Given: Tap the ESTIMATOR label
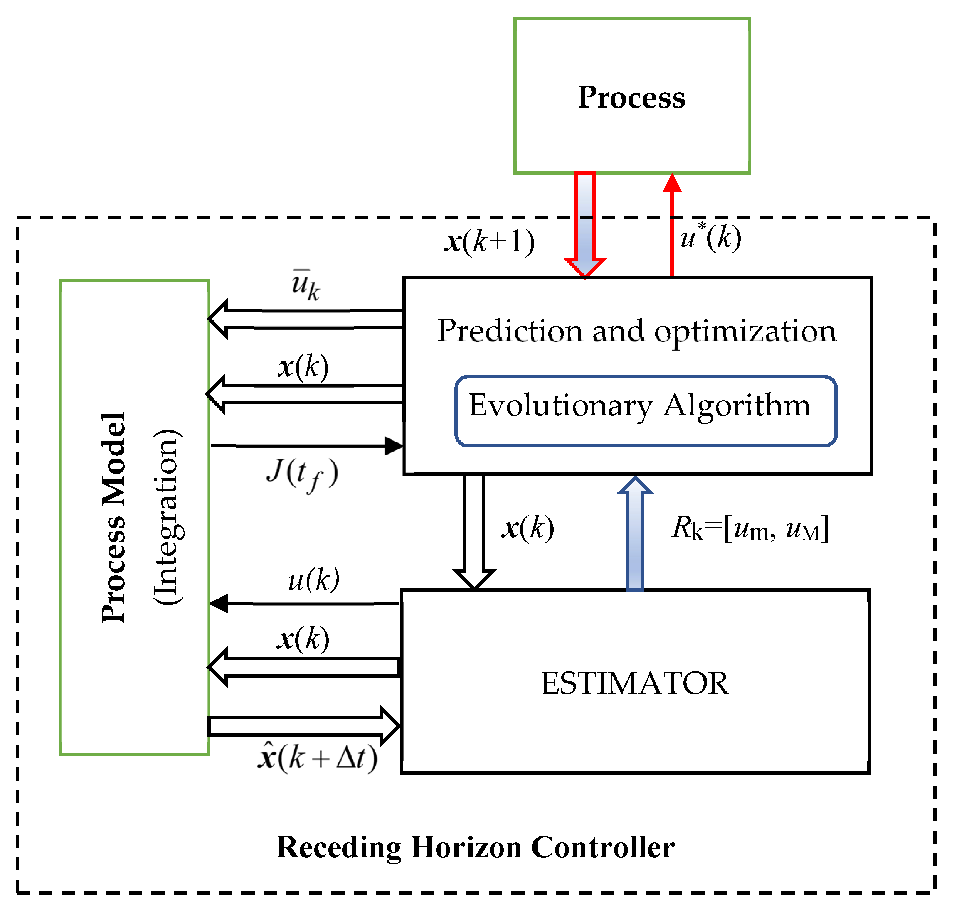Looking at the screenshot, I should click(x=634, y=683).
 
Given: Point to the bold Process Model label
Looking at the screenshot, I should click(x=113, y=518).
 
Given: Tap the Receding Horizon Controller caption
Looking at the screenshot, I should click(x=475, y=847).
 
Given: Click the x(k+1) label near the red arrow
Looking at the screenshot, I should click(x=490, y=241).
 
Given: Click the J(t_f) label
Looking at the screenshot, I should click(x=302, y=474).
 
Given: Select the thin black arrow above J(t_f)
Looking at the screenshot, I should click(x=307, y=446).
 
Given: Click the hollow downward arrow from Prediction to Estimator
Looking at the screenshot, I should click(x=474, y=531).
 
